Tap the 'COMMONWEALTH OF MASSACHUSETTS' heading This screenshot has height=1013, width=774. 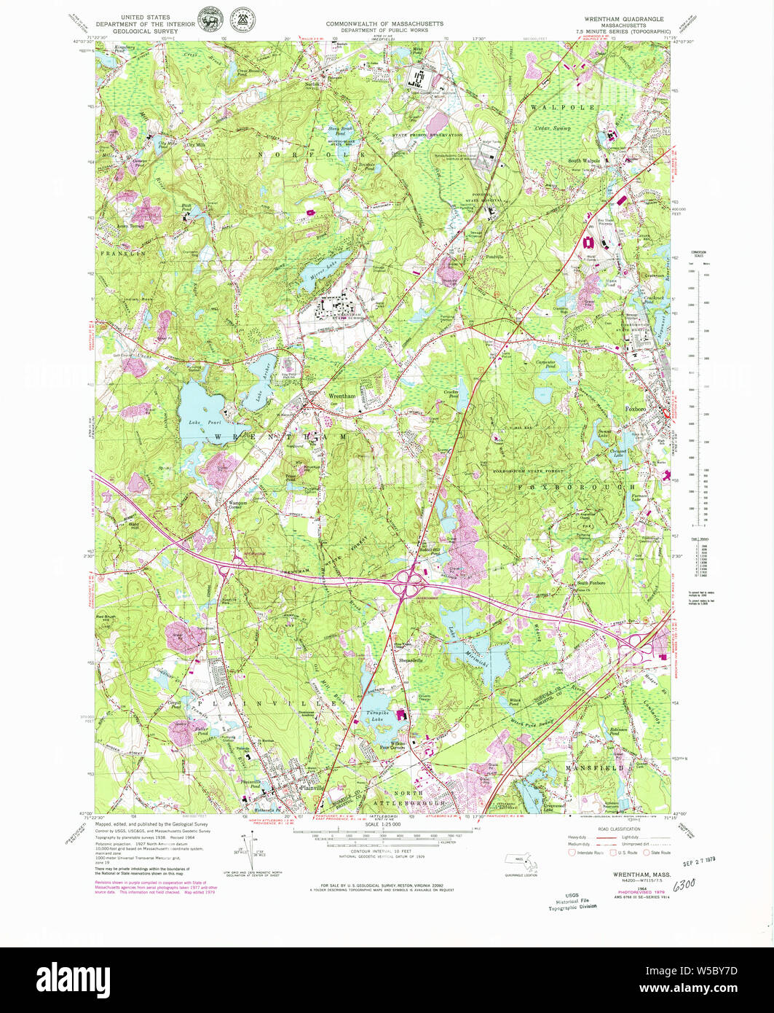click(x=384, y=23)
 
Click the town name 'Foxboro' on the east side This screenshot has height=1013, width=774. click(x=636, y=410)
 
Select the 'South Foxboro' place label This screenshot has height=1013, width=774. click(x=591, y=584)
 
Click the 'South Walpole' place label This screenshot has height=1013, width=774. click(x=584, y=160)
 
